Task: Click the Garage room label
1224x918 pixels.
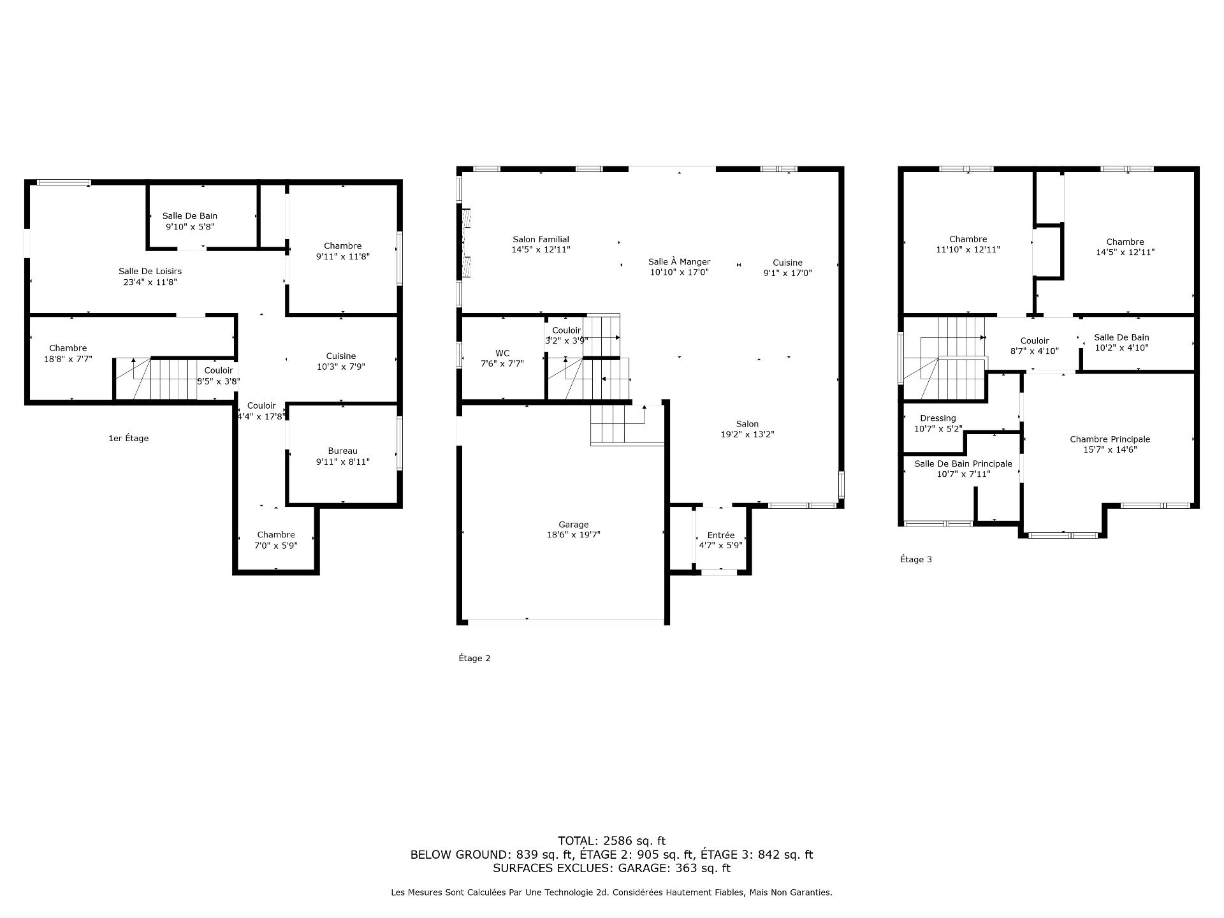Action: point(573,525)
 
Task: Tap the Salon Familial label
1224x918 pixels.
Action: point(541,239)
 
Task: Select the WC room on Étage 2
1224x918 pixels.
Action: point(502,358)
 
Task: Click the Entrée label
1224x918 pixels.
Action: point(720,535)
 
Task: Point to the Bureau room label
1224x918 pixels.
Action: point(342,451)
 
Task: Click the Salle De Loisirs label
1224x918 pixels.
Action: point(150,271)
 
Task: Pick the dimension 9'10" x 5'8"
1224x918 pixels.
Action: point(190,226)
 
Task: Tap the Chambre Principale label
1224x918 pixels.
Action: point(1109,439)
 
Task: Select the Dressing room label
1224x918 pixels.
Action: point(937,418)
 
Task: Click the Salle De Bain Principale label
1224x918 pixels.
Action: point(963,463)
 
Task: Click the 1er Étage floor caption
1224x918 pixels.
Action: point(128,438)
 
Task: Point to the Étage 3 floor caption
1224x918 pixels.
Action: point(915,559)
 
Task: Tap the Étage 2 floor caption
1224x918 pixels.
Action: point(474,658)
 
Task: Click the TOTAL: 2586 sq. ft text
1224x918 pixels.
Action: point(611,840)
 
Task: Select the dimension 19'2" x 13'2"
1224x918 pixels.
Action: point(747,434)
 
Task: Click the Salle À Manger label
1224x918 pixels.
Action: point(679,261)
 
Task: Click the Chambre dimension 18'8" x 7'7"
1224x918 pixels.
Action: point(68,358)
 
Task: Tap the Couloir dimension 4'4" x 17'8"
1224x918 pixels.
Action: point(261,416)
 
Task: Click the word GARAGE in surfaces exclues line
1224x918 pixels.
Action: point(641,868)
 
